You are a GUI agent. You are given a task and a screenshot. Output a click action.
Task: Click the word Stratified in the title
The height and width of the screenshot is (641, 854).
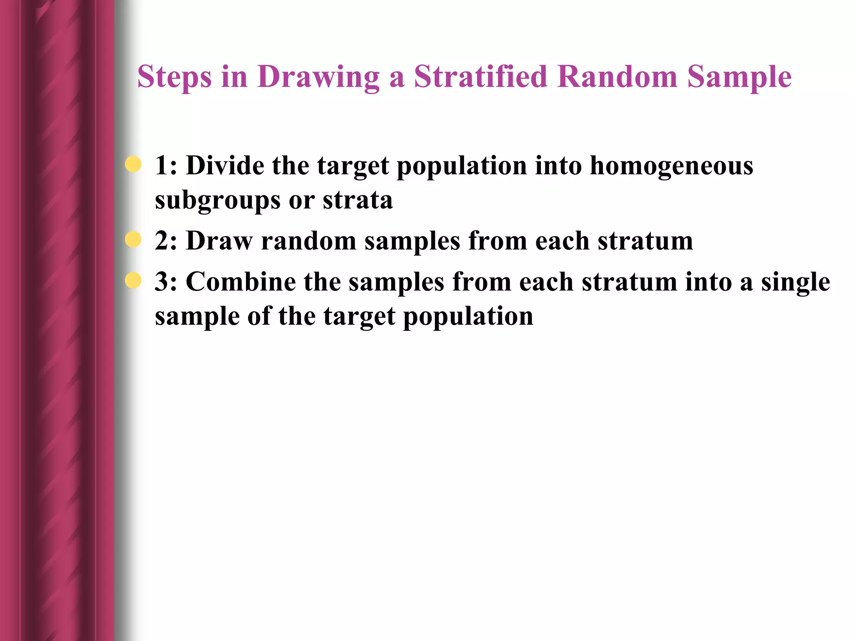click(480, 77)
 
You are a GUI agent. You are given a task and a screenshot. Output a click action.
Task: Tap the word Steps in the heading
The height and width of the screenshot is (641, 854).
click(174, 78)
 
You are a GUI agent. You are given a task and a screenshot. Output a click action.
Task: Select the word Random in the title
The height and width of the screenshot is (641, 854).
click(617, 77)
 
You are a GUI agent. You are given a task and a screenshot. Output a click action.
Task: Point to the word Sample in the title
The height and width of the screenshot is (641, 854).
click(739, 78)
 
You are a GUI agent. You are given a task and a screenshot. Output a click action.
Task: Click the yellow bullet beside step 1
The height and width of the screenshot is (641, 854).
click(133, 164)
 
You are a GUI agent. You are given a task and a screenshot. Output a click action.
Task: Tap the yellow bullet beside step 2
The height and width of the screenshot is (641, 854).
click(133, 240)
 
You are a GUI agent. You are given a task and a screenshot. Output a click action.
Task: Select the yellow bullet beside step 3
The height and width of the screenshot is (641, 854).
click(133, 280)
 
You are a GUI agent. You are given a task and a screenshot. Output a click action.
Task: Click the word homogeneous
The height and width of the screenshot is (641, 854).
click(671, 166)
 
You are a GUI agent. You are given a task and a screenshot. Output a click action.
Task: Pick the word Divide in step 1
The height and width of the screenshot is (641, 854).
click(225, 165)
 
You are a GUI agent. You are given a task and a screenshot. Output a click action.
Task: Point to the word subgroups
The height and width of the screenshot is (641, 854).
click(217, 201)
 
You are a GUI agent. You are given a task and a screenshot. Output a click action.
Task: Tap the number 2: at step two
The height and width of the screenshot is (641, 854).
click(166, 241)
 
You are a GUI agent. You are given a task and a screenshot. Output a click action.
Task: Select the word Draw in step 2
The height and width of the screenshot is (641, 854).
click(219, 241)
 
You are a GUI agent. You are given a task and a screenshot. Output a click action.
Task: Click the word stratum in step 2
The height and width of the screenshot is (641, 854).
click(645, 241)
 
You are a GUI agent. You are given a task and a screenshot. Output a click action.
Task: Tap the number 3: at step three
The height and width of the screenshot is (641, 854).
click(166, 282)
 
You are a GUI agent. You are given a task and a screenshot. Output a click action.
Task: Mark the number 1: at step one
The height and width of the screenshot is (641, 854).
click(166, 165)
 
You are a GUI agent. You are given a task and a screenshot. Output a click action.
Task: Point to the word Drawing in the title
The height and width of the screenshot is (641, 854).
click(318, 78)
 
